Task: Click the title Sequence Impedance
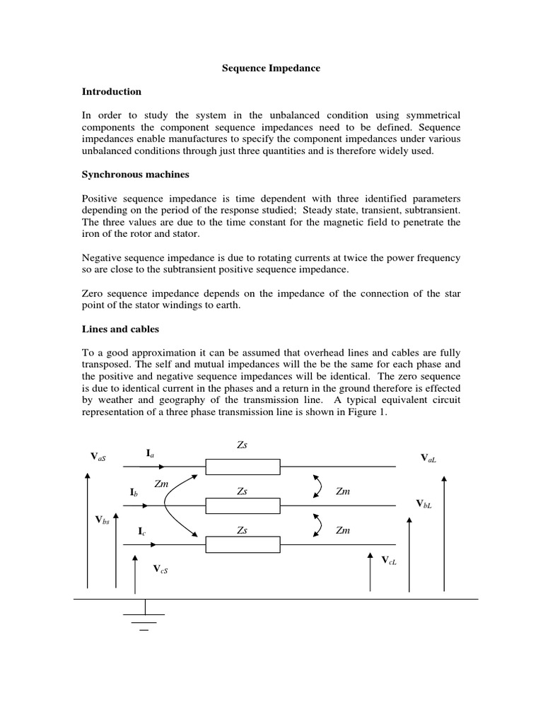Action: [x=271, y=69]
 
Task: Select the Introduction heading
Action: [x=111, y=92]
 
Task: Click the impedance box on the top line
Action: [x=243, y=467]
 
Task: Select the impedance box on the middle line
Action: [x=243, y=506]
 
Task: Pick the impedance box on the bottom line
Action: [x=243, y=544]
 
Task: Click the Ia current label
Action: [x=151, y=453]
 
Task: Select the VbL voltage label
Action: [x=424, y=504]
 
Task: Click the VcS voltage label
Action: [x=160, y=568]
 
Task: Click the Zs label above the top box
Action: [x=243, y=446]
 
